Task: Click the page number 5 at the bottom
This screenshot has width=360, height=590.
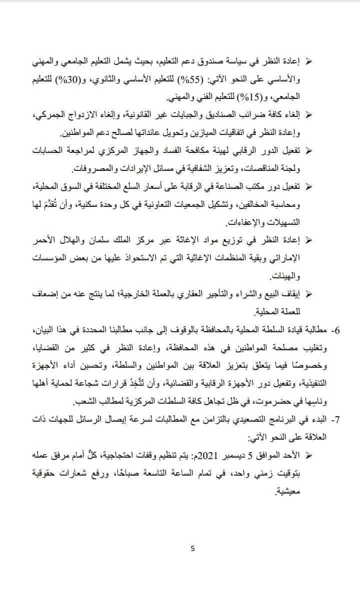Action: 193,549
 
